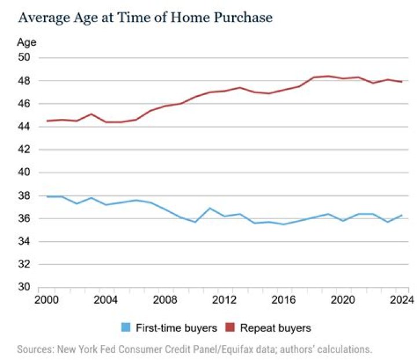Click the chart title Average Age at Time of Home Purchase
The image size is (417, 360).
[x=145, y=17]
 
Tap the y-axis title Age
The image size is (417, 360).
[x=27, y=42]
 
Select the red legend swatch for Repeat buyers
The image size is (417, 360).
[x=230, y=328]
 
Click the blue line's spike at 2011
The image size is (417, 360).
[x=210, y=208]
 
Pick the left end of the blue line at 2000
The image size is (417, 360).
[x=47, y=197]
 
